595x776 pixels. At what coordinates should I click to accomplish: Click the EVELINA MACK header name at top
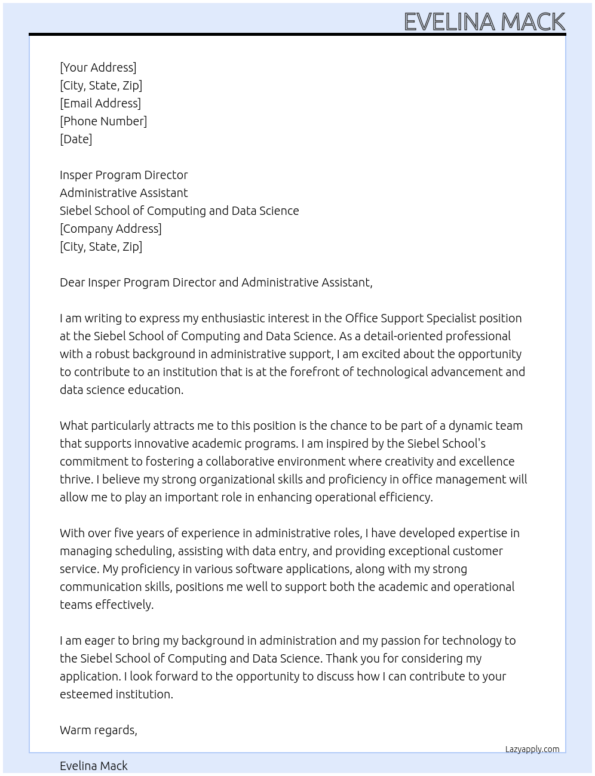click(484, 21)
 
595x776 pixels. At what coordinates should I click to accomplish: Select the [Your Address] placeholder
click(98, 67)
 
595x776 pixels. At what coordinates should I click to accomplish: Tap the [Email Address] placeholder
click(100, 103)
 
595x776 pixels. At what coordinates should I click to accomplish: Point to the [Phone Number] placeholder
click(103, 121)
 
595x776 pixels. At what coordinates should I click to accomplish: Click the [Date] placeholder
click(76, 139)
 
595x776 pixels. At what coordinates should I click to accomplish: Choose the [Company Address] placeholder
click(111, 229)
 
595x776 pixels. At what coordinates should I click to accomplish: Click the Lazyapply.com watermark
click(532, 749)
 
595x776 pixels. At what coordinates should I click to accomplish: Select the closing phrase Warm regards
click(99, 730)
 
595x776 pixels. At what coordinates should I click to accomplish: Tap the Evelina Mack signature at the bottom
click(94, 766)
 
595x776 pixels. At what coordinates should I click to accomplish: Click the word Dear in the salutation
click(72, 282)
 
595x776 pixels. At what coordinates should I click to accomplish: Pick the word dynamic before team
click(470, 426)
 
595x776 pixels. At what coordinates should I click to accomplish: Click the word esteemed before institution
click(86, 694)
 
